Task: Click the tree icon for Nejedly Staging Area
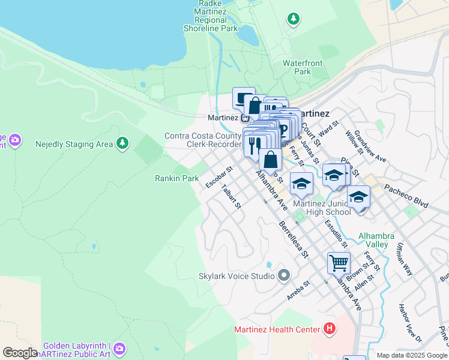(x=122, y=143)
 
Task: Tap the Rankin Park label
(x=176, y=178)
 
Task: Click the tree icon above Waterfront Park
(x=294, y=20)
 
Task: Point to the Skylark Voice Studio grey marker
(x=284, y=276)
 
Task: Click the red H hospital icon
(x=329, y=328)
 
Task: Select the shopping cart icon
(x=339, y=263)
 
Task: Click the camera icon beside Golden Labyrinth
(x=119, y=348)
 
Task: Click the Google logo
(x=20, y=353)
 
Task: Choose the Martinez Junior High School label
(x=322, y=208)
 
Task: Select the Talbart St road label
(x=231, y=197)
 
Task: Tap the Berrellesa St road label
(x=293, y=238)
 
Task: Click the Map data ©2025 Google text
(x=411, y=355)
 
